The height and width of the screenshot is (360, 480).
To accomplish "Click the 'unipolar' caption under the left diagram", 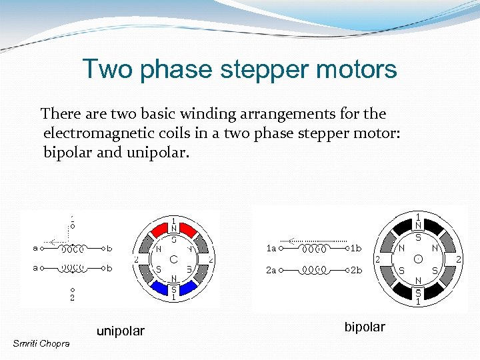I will pos(121,331).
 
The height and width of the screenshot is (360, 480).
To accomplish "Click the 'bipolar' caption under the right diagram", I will pos(365,327).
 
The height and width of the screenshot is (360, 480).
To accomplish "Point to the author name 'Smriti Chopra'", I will pos(39,343).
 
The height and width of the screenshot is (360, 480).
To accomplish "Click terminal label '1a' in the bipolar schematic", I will pos(271,249).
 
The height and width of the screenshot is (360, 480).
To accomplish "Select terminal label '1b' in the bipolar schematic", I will pos(356,249).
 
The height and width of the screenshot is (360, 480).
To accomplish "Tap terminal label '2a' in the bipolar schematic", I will pos(271,271).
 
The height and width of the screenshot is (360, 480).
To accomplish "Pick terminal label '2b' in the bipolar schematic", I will pos(357,271).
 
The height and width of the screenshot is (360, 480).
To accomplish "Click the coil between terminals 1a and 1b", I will pos(315,249).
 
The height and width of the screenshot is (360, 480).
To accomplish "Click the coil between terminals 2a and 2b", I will pos(315,271).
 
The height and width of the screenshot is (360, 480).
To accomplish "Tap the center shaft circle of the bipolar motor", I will pos(418,258).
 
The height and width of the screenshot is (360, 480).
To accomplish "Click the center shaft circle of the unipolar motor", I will pos(173,258).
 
